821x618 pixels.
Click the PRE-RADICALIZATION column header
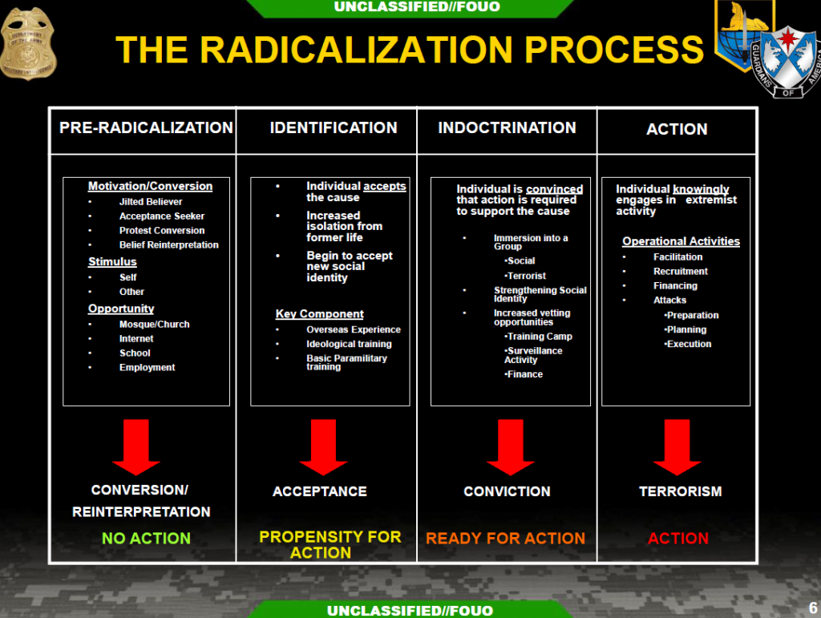pos(146,127)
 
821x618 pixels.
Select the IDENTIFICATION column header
pos(334,127)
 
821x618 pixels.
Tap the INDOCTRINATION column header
pos(507,127)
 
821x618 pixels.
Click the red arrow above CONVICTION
pos(510,446)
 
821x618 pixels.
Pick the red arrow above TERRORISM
pos(677,446)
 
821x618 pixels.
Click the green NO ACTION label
pos(146,539)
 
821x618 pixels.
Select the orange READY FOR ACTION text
pos(505,539)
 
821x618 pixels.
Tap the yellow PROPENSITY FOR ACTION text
pos(330,544)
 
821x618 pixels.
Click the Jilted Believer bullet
pos(151,202)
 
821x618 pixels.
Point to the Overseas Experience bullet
pos(353,329)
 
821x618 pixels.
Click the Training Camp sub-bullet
pos(539,337)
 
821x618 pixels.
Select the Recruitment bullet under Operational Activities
pos(681,272)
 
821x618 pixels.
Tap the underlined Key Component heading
pos(319,314)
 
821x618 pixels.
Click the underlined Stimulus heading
pos(112,262)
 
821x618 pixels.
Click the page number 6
pos(812,608)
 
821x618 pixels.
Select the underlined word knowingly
pos(702,189)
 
